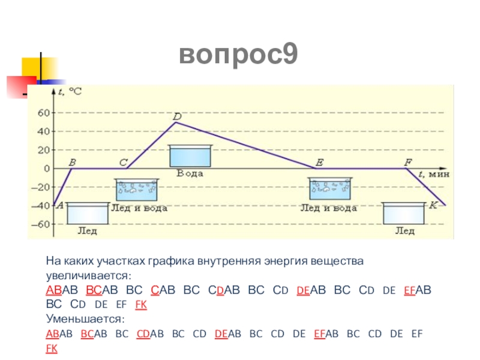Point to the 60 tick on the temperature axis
[44, 112]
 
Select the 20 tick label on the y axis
[44, 149]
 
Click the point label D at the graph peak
[176, 116]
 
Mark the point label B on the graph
[73, 162]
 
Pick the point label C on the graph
[123, 162]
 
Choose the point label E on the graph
[319, 162]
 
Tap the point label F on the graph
[408, 162]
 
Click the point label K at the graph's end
[433, 205]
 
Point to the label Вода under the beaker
[190, 173]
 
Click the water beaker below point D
[190, 155]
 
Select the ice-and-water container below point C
[137, 190]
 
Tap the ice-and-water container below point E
[330, 190]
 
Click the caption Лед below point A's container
[88, 230]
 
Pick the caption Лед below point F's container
[404, 230]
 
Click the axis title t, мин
[433, 174]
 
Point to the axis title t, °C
[71, 91]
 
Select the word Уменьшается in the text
[85, 319]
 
